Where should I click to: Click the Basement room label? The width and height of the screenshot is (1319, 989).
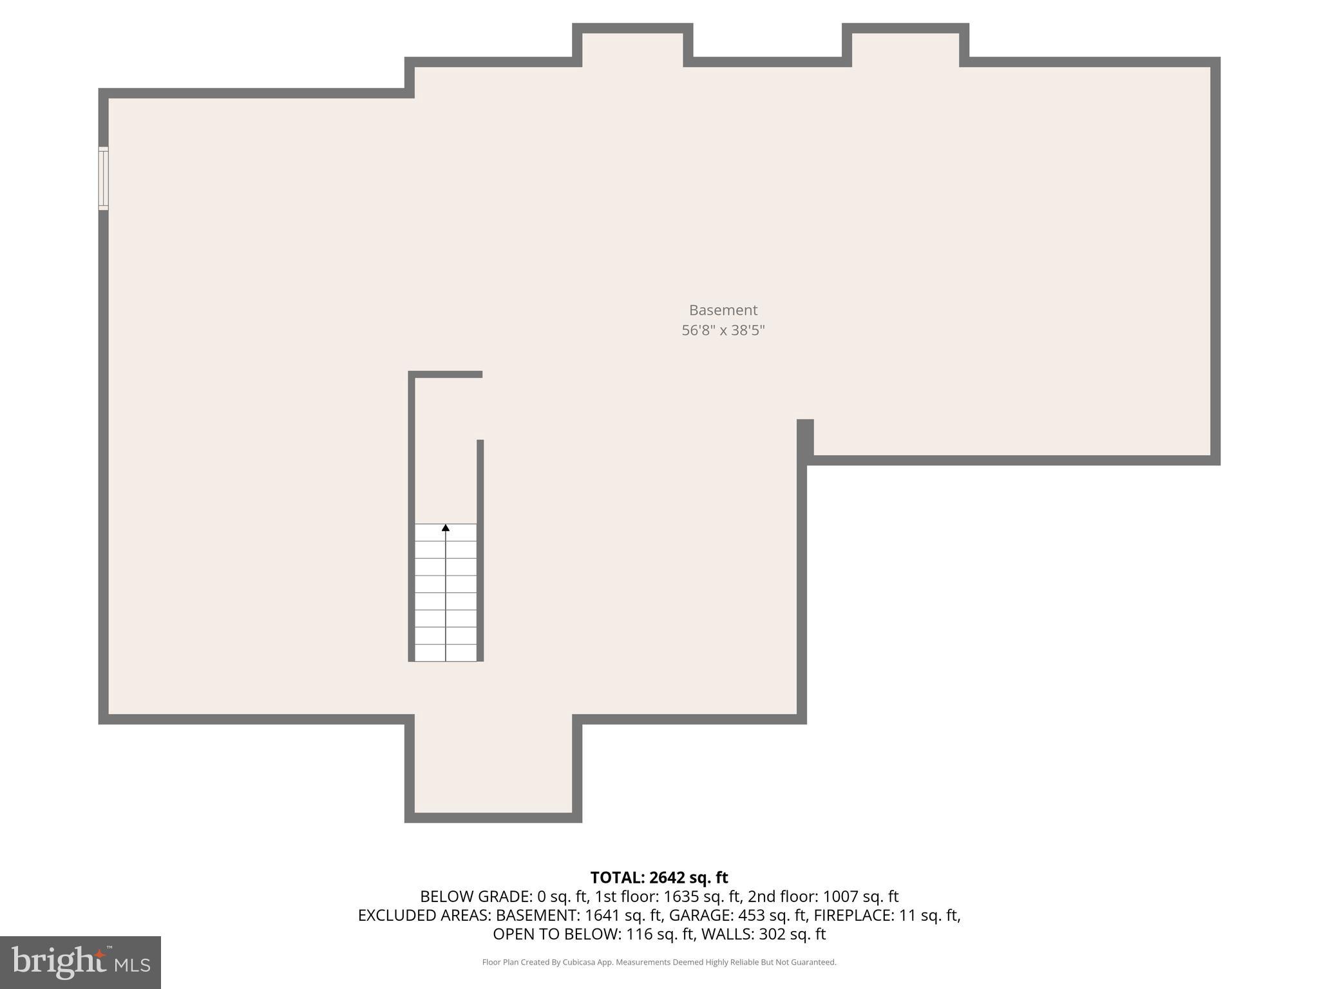point(723,310)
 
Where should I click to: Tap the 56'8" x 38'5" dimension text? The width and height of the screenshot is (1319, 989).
point(723,330)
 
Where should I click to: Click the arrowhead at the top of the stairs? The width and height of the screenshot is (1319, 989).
point(445,528)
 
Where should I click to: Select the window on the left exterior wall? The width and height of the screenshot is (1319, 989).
point(103,178)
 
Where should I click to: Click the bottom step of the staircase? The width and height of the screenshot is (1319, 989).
point(445,652)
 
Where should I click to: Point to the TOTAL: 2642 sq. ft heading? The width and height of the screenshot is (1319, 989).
point(659,878)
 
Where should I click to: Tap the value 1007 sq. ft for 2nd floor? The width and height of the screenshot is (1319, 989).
point(860,896)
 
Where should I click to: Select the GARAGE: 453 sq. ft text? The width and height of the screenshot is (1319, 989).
point(738,915)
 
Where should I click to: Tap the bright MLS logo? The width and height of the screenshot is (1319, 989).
point(80,962)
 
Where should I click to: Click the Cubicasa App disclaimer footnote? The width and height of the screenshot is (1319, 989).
point(659,962)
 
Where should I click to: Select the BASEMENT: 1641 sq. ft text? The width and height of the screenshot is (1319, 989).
point(579,915)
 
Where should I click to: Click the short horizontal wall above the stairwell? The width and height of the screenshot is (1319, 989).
point(446,374)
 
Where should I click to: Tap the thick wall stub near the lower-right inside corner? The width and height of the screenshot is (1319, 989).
point(805,437)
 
